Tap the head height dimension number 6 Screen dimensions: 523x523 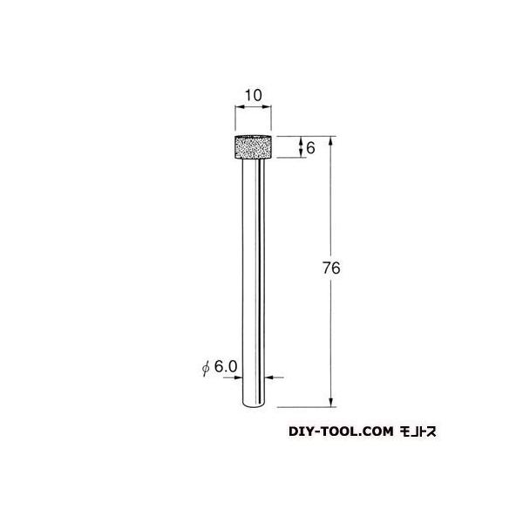pyautogui.click(x=309, y=149)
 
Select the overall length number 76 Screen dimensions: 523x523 pyautogui.click(x=329, y=269)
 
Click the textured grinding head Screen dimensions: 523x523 pyautogui.click(x=251, y=149)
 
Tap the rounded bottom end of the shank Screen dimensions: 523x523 pyautogui.click(x=253, y=404)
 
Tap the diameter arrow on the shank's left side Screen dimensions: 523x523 pyautogui.click(x=240, y=377)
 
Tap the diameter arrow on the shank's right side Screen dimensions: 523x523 pyautogui.click(x=267, y=377)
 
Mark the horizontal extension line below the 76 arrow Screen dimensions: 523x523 pyautogui.click(x=305, y=406)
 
